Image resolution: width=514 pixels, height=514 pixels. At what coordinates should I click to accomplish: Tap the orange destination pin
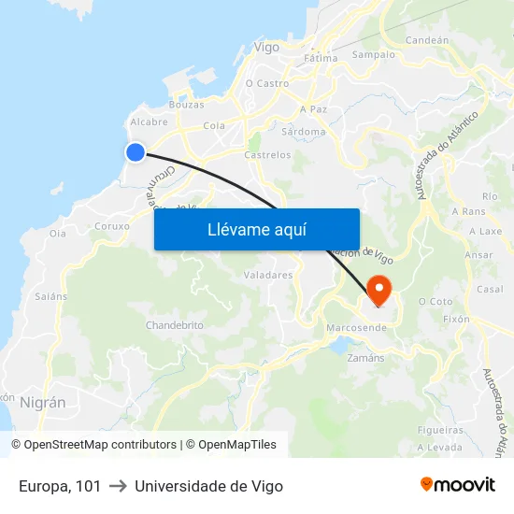coord(379,289)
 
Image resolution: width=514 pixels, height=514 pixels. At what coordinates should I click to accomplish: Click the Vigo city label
coord(266,47)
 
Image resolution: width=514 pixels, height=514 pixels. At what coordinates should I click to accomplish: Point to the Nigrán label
coord(43,403)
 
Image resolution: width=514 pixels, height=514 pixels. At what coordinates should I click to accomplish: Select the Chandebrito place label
coord(174,325)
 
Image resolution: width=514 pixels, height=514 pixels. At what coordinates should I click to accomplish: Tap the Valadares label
coord(268,276)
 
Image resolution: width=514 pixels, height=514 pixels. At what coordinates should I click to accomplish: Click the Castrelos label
coord(267,155)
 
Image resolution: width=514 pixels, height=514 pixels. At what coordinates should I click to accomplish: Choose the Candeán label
coord(427,40)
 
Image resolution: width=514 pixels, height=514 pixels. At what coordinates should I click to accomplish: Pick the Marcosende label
coord(356,328)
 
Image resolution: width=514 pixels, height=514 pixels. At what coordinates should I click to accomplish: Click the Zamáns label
coord(365,358)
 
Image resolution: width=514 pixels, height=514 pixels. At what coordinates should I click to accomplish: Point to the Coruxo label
coord(112,226)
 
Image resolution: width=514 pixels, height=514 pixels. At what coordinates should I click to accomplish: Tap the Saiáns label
coord(51,296)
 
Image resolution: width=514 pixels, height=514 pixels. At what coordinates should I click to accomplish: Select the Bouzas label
coord(185,105)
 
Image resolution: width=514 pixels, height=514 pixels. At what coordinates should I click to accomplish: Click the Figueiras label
coord(441,431)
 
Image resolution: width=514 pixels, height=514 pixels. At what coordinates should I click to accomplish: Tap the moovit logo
coord(458,485)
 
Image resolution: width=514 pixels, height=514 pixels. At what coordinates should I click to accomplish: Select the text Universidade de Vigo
coord(208,486)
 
